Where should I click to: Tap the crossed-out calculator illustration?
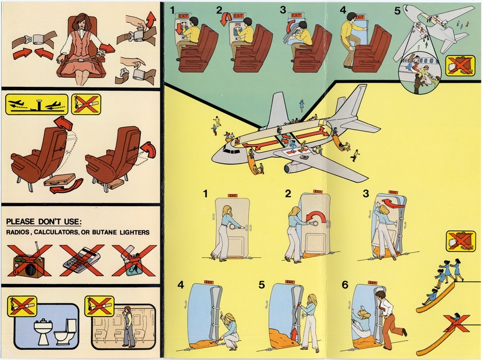coord(80,259)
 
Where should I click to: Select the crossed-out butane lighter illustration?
coord(134,259)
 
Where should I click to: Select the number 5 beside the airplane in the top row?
coord(396,10)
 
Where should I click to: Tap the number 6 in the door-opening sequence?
coord(345,285)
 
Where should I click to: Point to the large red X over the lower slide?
coord(458,324)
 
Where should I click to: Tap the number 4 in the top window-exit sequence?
coord(343,10)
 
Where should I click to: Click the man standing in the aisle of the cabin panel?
coord(128,326)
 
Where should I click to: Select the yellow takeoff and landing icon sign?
coord(36,105)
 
